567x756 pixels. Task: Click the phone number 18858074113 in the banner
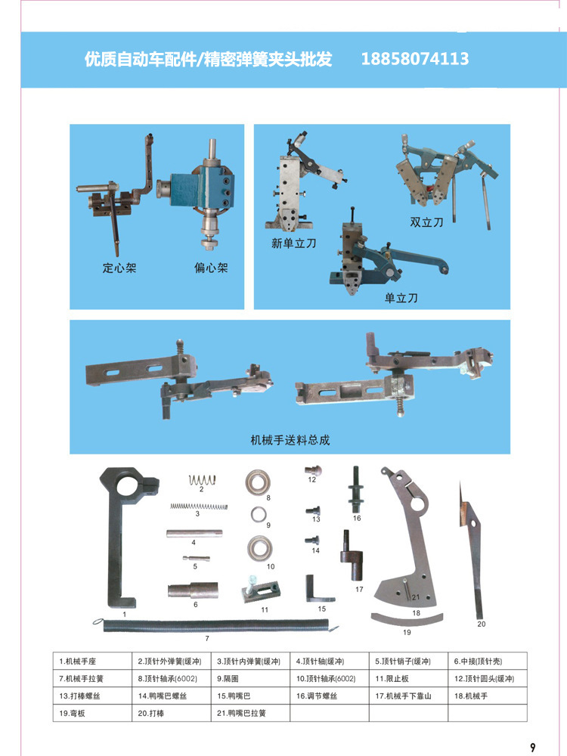pyautogui.click(x=414, y=59)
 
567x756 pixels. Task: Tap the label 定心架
pyautogui.click(x=119, y=268)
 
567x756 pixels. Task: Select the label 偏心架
pyautogui.click(x=211, y=268)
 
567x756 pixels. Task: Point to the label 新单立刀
pyautogui.click(x=293, y=243)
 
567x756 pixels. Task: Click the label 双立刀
pyautogui.click(x=426, y=222)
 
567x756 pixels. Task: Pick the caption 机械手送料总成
pyautogui.click(x=290, y=440)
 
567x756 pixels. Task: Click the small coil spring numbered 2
pyautogui.click(x=202, y=479)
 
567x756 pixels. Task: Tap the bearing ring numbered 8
pyautogui.click(x=258, y=482)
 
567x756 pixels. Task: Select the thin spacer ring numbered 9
pyautogui.click(x=259, y=514)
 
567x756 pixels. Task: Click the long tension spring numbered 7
pyautogui.click(x=217, y=627)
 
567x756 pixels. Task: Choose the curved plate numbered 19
pyautogui.click(x=407, y=620)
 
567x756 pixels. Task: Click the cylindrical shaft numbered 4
pyautogui.click(x=194, y=533)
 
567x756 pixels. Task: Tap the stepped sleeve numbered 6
pyautogui.click(x=193, y=590)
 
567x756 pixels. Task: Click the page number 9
pyautogui.click(x=532, y=748)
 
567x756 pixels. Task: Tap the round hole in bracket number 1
pyautogui.click(x=125, y=486)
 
